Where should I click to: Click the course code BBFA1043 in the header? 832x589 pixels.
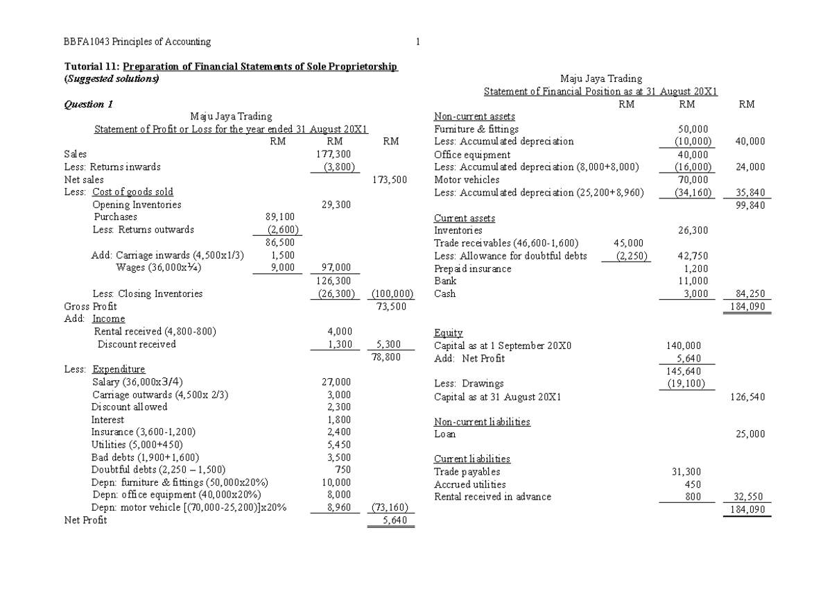coord(83,42)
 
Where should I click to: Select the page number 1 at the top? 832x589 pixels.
coord(418,42)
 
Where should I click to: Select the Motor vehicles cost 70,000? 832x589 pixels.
coord(694,179)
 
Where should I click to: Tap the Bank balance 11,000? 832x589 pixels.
coord(694,281)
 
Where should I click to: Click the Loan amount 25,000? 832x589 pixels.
coord(749,434)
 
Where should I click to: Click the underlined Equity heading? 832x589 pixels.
coord(448,333)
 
